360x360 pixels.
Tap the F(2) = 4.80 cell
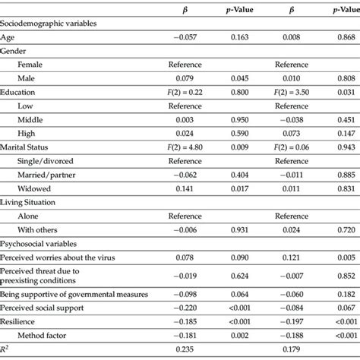[185, 146]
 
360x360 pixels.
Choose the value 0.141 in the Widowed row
[185, 188]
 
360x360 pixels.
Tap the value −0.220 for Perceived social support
[185, 308]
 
